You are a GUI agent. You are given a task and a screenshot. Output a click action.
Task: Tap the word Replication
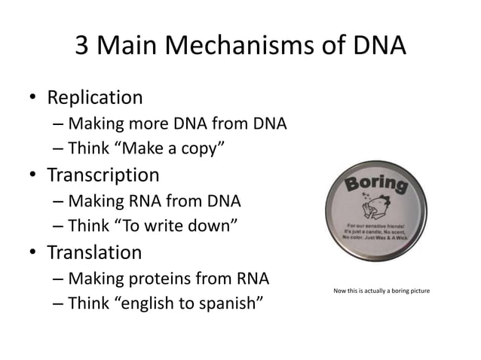point(95,97)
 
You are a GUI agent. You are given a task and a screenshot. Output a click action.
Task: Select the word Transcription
point(103,175)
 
